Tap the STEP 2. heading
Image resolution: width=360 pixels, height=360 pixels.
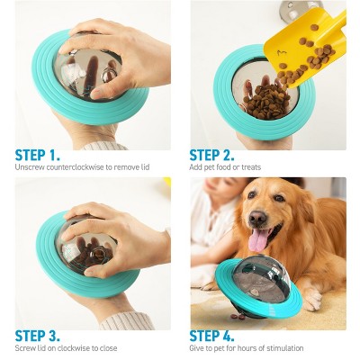coord(217,155)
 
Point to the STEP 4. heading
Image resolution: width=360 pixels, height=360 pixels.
coord(218,336)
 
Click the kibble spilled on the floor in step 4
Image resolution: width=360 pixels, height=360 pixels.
coord(239,316)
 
